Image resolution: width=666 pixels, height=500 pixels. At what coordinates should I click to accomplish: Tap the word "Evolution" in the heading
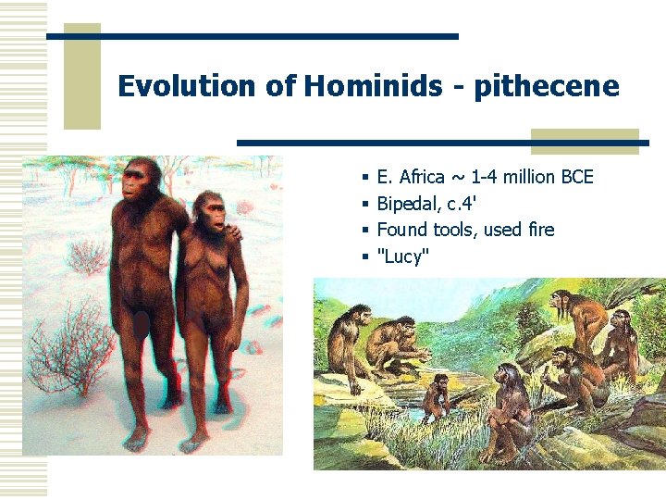(x=186, y=86)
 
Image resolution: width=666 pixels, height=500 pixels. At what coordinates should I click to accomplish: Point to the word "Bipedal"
(x=408, y=203)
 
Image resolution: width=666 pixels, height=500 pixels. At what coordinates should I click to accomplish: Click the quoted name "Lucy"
(x=403, y=256)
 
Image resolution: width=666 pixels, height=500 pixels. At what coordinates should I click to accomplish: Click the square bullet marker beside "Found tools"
(x=366, y=230)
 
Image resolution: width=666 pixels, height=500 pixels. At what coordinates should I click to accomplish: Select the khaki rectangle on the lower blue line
(x=585, y=142)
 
